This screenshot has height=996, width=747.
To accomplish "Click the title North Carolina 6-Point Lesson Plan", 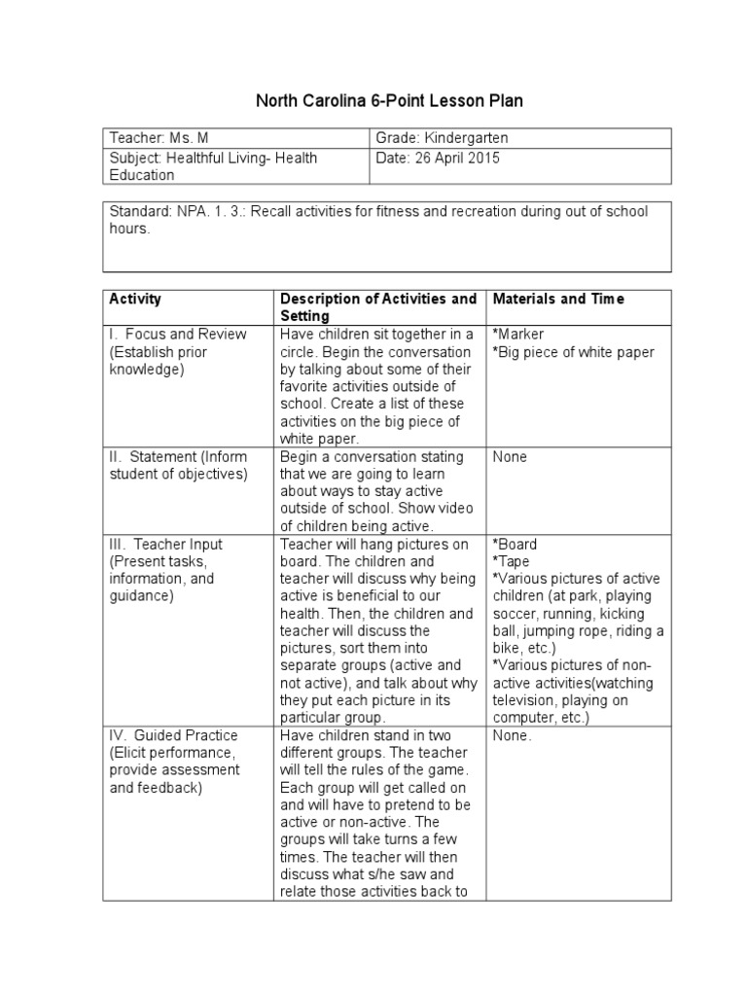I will [x=381, y=101].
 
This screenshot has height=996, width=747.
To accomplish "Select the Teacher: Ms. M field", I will [x=160, y=139].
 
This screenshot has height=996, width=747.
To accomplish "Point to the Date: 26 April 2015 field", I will [x=437, y=158].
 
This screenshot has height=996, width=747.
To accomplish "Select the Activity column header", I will [x=136, y=299].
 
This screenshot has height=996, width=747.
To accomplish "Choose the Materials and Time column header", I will [x=558, y=299].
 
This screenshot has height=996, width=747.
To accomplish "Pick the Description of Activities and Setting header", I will [x=377, y=307].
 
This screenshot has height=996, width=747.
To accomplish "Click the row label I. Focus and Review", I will [x=178, y=334].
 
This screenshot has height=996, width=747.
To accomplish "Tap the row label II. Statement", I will [x=178, y=456].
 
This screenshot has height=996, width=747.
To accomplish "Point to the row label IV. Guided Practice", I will [x=173, y=735].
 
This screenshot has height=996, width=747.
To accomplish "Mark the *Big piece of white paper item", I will [x=573, y=352].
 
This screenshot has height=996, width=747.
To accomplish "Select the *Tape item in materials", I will [x=512, y=561].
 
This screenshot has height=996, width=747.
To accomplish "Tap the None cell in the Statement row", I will [x=510, y=456].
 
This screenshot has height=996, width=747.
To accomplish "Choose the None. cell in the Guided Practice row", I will [x=512, y=735].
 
